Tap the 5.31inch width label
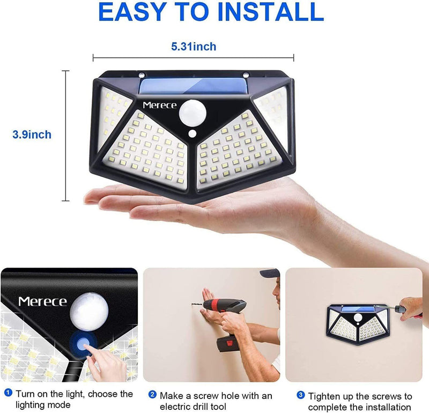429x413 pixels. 194,47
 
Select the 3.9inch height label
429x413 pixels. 32,135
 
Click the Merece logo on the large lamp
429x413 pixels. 159,105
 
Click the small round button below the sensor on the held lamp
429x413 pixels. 193,134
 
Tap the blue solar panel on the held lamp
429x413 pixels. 194,86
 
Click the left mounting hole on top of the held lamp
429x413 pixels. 142,75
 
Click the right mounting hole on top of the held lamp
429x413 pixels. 246,75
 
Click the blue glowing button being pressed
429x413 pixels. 83,343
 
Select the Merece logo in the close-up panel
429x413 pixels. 43,301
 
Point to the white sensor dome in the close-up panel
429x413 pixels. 89,312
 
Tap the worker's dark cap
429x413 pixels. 270,273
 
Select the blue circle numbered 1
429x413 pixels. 9,393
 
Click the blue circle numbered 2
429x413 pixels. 152,395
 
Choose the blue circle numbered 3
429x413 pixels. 301,395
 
